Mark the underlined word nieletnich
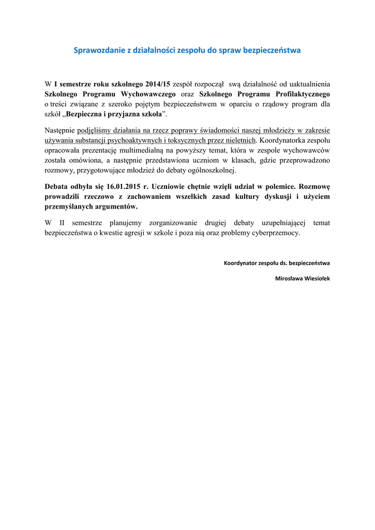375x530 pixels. tap(239, 140)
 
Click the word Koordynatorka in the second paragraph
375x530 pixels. tap(283, 140)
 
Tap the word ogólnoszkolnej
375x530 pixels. tap(211, 170)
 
